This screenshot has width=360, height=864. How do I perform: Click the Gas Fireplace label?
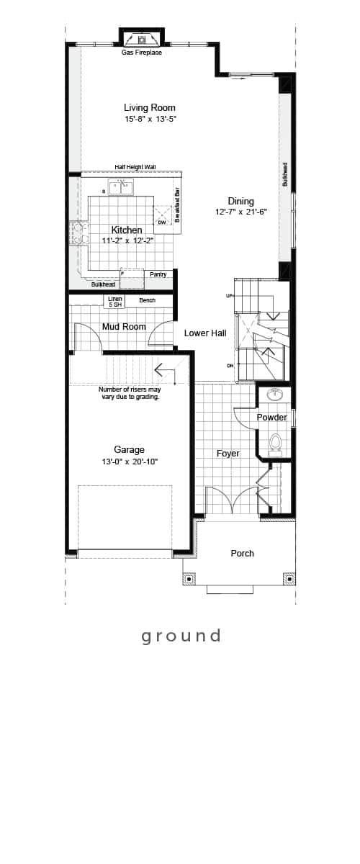coord(142,53)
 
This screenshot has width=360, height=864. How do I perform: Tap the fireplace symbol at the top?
coord(142,39)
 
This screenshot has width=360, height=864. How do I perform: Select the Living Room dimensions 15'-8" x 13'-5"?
coord(150,120)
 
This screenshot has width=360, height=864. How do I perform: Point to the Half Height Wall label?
coord(135,167)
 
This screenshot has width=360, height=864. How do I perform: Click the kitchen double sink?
coord(121,188)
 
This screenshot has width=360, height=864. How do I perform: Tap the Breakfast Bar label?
coord(178,204)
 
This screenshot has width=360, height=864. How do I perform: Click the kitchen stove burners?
coord(79,233)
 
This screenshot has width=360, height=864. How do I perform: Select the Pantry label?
coord(158,274)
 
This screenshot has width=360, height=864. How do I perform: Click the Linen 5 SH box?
coord(115,302)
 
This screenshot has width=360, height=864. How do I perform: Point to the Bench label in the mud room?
coord(147,300)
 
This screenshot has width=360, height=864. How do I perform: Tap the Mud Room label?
coord(124,327)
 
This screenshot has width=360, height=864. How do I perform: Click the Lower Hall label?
coord(205,333)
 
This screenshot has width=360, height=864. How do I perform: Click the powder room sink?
coord(275,395)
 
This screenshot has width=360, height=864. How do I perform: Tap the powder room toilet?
coord(275,442)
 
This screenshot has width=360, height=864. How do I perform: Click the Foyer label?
coord(228,453)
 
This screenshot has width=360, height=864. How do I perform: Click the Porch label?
coord(243,553)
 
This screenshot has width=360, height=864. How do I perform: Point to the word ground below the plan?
coord(181,636)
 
